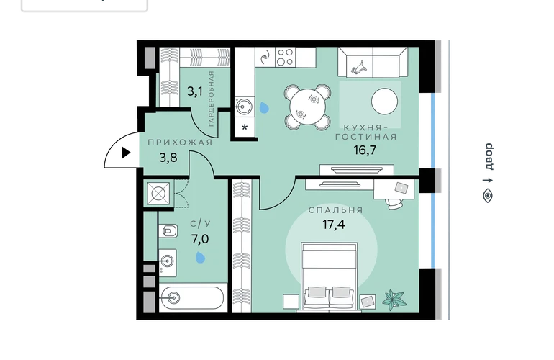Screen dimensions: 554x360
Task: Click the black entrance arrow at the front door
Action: coord(126,153)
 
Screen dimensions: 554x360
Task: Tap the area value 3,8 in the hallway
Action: coord(168,158)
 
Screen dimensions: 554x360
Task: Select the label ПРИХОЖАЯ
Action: coord(180,143)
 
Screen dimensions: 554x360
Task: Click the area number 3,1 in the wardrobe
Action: coord(195,92)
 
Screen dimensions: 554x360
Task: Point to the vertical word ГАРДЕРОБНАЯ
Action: coord(211,99)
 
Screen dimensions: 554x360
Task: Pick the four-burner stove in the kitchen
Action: coord(285,58)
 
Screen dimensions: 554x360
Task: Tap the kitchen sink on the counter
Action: coord(245,106)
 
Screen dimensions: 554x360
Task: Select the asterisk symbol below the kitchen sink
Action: coord(245,127)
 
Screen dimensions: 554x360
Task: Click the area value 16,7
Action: coord(365,150)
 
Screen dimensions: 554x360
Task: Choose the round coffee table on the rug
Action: coord(384,101)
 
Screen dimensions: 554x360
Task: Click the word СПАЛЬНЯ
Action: coord(336,210)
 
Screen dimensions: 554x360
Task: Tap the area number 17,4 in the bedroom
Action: coord(334,224)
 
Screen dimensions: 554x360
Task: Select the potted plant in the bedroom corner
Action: coord(394,300)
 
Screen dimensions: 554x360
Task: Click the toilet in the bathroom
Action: coord(168,231)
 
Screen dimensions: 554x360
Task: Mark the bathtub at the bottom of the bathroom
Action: coord(191,298)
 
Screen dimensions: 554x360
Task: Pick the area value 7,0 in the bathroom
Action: coord(200,240)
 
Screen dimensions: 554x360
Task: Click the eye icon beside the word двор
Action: coord(488,196)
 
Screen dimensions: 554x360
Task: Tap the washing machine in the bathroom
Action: coord(158,194)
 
